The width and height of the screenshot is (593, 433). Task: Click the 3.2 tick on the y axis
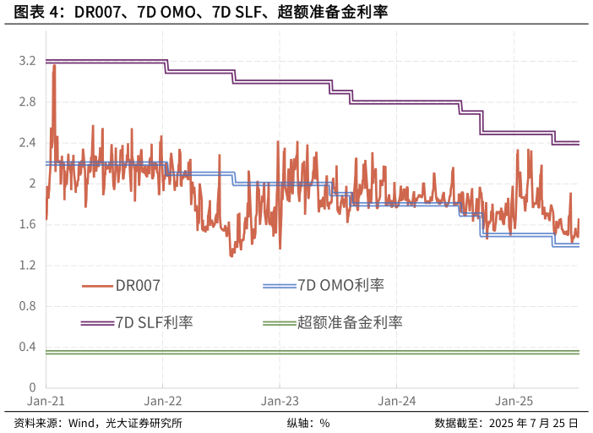coord(26,62)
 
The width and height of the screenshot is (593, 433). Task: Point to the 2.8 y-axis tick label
coord(26,102)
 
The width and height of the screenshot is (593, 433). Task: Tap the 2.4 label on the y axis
coord(26,143)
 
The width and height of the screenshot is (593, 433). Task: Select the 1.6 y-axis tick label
coord(26,225)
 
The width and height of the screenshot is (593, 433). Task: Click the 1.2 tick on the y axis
coord(26,266)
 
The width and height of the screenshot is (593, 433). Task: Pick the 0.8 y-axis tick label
coord(26,306)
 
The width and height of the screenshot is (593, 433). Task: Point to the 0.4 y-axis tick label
coord(26,347)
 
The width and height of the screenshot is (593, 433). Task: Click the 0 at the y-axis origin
coord(32,387)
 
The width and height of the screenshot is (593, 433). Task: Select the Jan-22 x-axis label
coord(162,402)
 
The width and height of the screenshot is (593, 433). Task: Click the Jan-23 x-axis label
coord(279,402)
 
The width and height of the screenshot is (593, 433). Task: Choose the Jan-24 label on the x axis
coord(396,402)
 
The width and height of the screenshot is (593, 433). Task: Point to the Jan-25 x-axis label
coord(513,402)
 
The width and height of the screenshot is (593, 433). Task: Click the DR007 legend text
coord(138,286)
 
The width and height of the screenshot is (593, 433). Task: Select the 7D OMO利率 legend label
coord(340,286)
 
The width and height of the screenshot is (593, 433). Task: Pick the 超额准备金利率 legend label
coord(350,323)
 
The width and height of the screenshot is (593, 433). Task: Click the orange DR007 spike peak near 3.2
coord(54,65)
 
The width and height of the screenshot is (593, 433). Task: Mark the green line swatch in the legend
coord(279,323)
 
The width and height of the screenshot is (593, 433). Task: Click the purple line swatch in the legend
coord(97,323)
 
